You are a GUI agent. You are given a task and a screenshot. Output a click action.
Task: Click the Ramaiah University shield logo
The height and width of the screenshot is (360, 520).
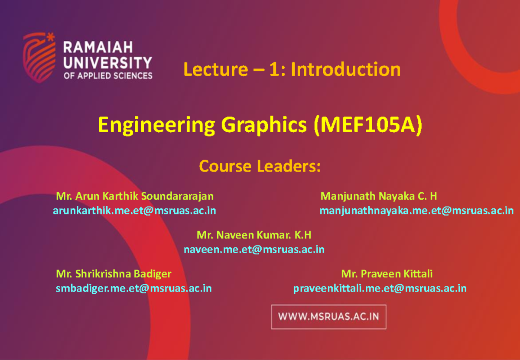point(39,57)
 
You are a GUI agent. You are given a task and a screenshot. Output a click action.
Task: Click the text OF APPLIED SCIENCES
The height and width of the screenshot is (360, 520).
point(108,76)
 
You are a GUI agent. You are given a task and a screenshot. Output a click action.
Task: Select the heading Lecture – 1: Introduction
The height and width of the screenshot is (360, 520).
point(292,69)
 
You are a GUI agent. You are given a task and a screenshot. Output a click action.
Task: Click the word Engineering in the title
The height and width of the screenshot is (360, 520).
point(156,126)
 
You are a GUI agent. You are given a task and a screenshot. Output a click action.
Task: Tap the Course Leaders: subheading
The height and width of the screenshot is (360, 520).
point(260,166)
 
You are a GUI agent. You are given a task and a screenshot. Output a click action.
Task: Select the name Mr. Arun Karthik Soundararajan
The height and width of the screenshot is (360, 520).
point(135,196)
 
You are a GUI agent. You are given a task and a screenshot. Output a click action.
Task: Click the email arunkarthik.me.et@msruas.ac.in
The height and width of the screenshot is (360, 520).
point(134,211)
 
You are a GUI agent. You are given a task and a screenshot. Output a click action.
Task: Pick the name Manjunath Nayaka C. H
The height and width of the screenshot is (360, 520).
point(378,196)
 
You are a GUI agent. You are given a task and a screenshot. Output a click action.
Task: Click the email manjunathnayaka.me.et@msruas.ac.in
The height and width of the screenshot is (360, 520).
point(416,211)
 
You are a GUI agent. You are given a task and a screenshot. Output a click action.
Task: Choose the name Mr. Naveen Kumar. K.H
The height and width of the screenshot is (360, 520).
point(254,235)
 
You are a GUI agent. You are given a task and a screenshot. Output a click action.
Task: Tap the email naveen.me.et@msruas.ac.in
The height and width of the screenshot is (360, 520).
point(254,249)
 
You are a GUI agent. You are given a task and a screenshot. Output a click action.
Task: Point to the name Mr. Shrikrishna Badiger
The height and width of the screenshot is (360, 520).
point(114,274)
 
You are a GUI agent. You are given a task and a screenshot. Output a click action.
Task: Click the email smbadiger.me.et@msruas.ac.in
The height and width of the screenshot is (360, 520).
point(133,288)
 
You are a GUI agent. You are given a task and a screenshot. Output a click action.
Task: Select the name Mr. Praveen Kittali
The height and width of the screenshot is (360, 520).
point(387,274)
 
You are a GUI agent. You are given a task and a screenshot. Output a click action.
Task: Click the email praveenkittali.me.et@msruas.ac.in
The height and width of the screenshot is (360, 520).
point(380,288)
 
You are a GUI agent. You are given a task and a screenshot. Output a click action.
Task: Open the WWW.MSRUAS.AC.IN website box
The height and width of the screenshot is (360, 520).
point(328,317)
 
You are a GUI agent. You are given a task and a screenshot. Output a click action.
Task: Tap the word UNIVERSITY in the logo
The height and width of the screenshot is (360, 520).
point(108,62)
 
